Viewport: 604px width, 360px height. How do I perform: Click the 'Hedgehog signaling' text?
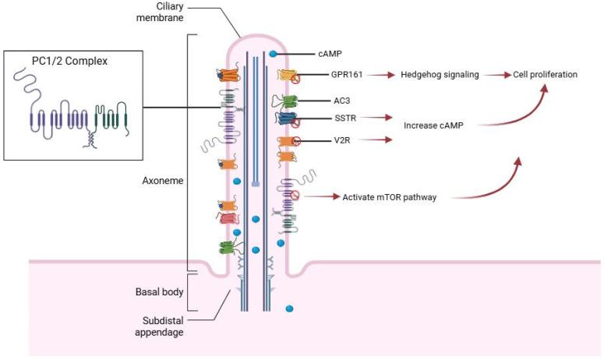pos(436,75)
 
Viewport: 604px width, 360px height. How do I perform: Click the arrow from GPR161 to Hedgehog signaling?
pos(378,75)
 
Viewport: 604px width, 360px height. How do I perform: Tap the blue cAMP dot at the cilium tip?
pos(272,54)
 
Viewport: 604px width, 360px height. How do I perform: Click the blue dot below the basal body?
pos(289,309)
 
